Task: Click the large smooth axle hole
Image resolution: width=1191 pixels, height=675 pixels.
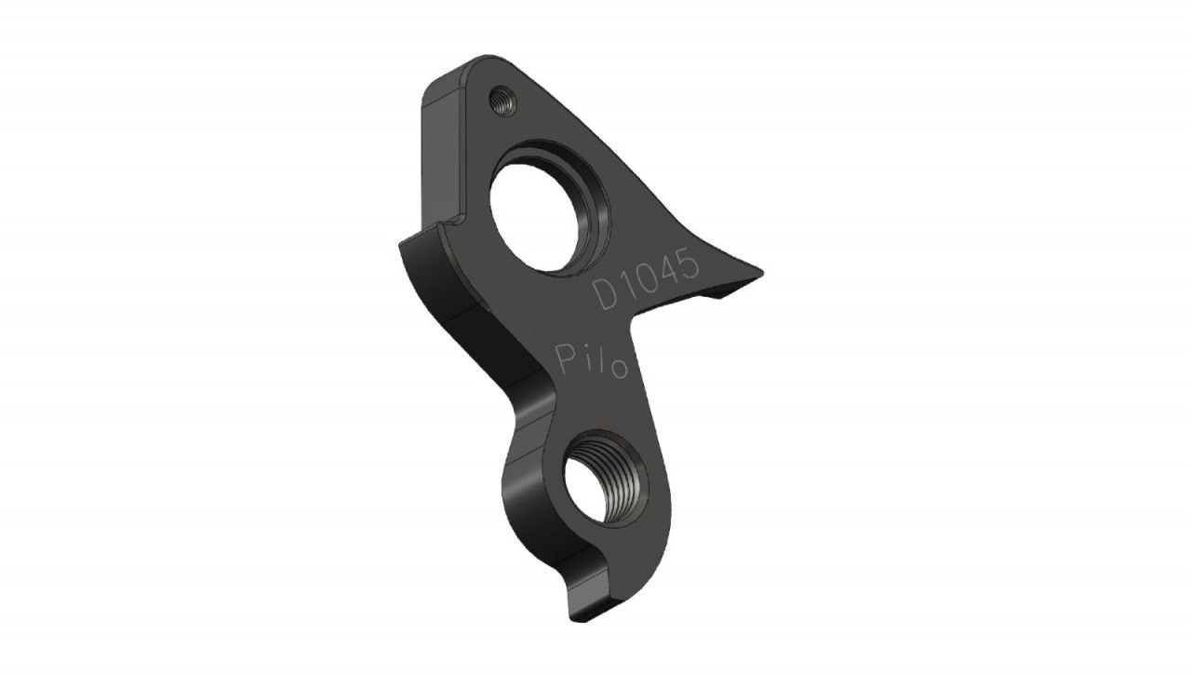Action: (534, 217)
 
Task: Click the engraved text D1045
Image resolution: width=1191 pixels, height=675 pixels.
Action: (646, 279)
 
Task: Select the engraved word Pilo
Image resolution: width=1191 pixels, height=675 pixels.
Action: (591, 360)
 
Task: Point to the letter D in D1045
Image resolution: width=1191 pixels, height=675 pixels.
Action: (606, 295)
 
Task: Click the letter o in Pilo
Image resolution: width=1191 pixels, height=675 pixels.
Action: (619, 370)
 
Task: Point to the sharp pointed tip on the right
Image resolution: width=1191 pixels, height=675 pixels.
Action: (762, 273)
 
